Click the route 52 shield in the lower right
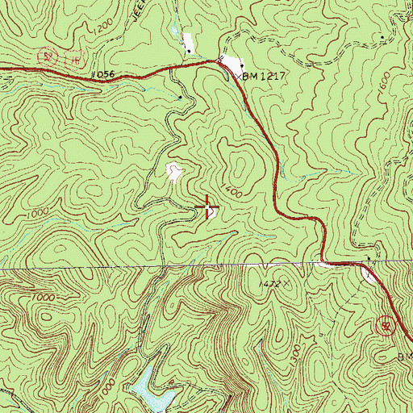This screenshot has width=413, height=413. tap(386, 327)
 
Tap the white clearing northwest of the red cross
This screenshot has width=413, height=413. tap(173, 170)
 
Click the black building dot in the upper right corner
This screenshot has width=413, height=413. tap(382, 37)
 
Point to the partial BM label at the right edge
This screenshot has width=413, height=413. tap(405, 356)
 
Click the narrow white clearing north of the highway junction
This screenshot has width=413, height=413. tap(188, 42)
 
